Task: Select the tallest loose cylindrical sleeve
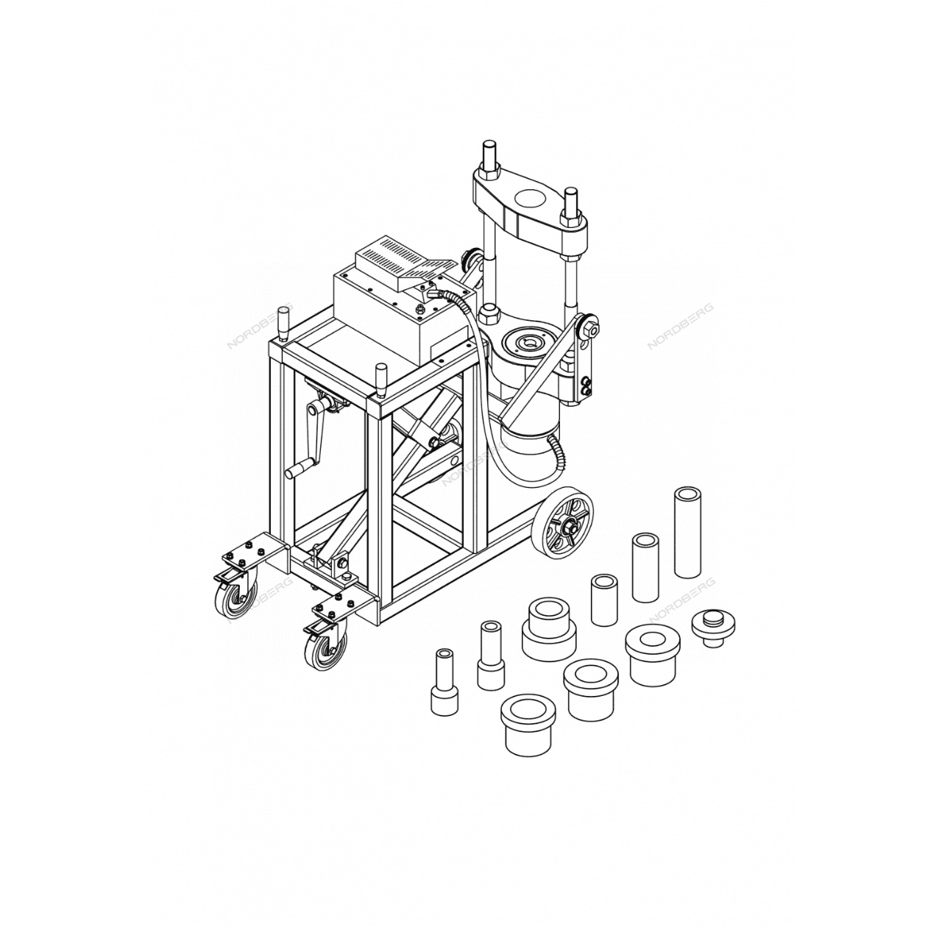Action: [x=687, y=531]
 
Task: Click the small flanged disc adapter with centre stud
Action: [x=713, y=626]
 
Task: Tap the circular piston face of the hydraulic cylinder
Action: [x=530, y=342]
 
